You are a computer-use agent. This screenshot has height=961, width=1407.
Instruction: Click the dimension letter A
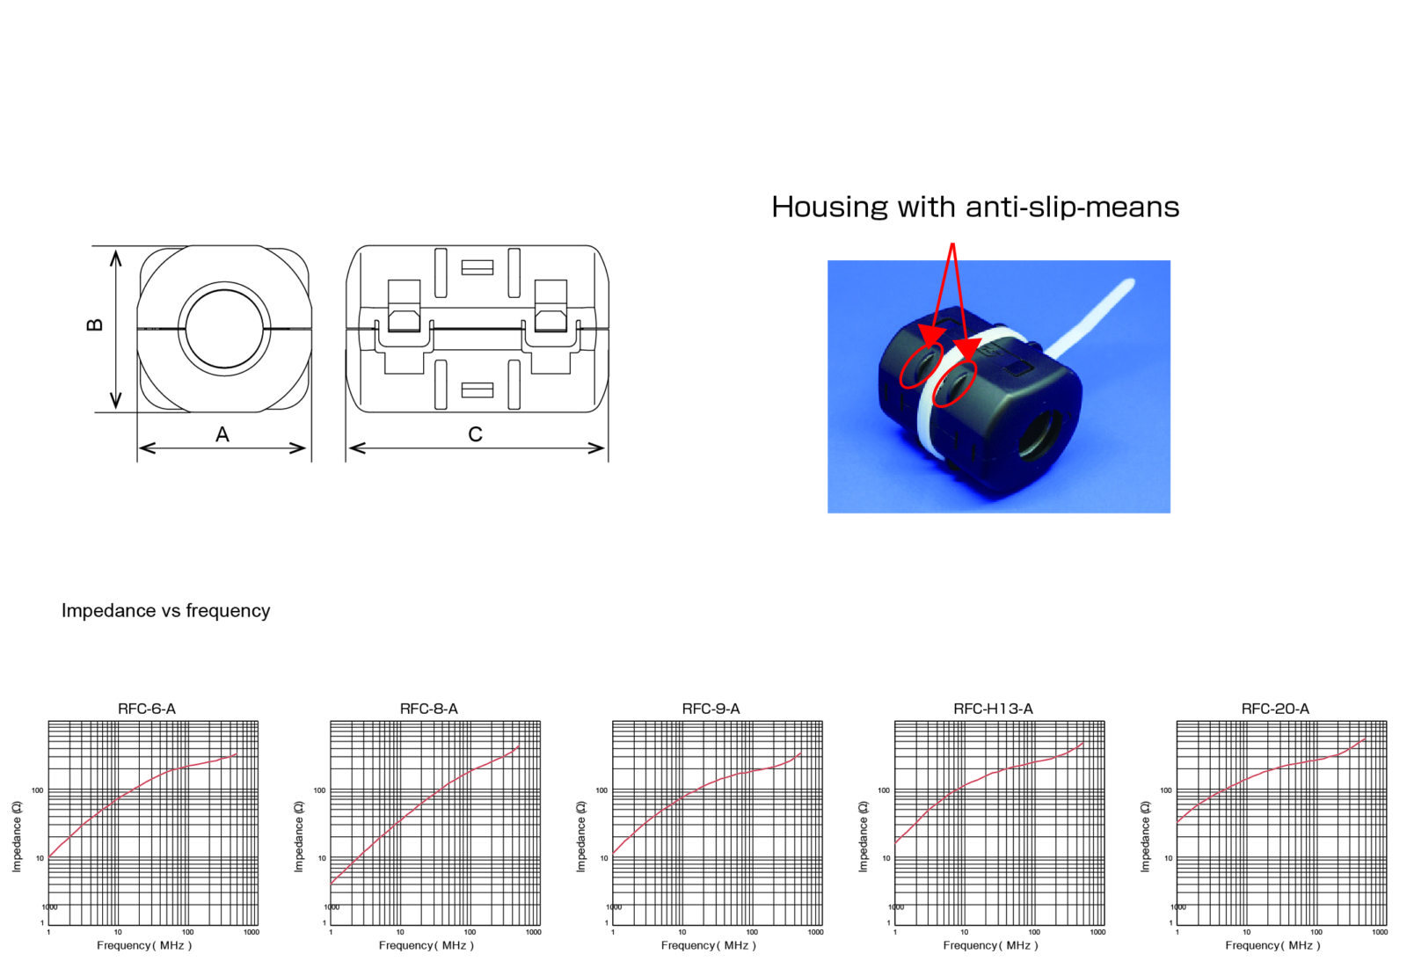[x=222, y=434]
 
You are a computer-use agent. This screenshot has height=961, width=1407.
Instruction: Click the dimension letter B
[x=95, y=324]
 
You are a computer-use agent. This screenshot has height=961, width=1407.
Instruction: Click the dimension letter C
[x=475, y=434]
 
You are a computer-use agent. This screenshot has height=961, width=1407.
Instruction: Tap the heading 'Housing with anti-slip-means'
[x=974, y=207]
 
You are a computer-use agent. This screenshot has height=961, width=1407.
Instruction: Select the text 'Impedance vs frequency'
[x=165, y=611]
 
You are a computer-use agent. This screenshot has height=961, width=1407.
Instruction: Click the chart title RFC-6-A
[x=147, y=709]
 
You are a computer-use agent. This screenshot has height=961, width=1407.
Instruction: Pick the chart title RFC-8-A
[x=428, y=709]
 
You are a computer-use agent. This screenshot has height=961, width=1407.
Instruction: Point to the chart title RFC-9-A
[x=711, y=709]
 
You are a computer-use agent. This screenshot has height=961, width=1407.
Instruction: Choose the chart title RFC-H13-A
[x=993, y=709]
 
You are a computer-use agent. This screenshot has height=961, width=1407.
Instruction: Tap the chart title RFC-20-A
[x=1274, y=709]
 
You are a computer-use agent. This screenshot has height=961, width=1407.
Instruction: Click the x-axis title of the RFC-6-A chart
[x=144, y=945]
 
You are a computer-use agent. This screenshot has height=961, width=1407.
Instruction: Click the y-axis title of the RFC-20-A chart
[x=1145, y=836]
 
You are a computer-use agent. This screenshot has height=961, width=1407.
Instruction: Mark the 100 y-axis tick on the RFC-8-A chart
[x=319, y=790]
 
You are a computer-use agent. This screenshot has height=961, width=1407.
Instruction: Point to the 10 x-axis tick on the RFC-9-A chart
[x=682, y=932]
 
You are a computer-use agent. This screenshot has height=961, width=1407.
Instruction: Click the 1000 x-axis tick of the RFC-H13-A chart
[x=1097, y=932]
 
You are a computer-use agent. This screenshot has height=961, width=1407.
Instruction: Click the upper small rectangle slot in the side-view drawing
[x=477, y=267]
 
